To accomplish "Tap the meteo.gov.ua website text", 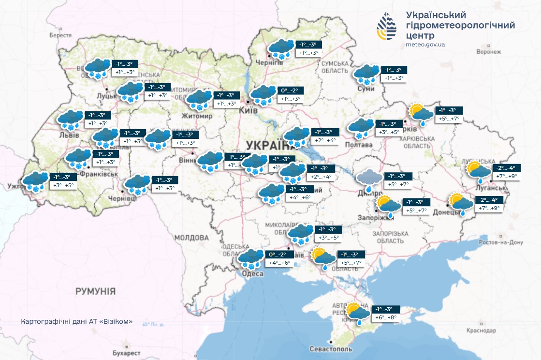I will click(425, 45).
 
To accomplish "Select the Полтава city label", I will click(359, 145).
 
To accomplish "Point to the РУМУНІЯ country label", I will click(95, 291).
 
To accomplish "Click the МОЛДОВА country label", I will click(191, 238).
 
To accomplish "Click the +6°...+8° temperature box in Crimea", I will click(385, 317).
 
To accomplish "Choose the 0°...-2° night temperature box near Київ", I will click(291, 90).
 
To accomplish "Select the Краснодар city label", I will click(481, 331).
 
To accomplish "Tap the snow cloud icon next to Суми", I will click(366, 74).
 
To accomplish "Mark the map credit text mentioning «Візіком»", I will click(76, 322).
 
